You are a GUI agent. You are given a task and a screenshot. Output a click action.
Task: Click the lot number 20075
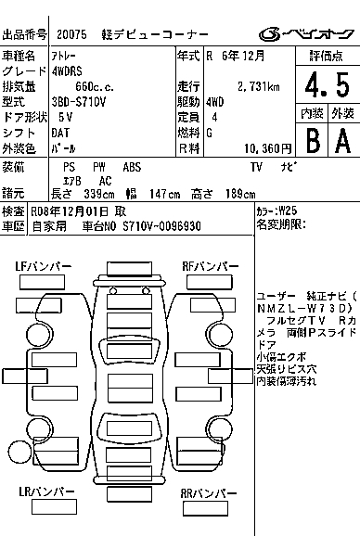(x=71, y=34)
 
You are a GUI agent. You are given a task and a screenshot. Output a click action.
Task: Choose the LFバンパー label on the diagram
(x=44, y=266)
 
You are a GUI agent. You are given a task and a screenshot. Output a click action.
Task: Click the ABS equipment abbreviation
(x=132, y=166)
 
